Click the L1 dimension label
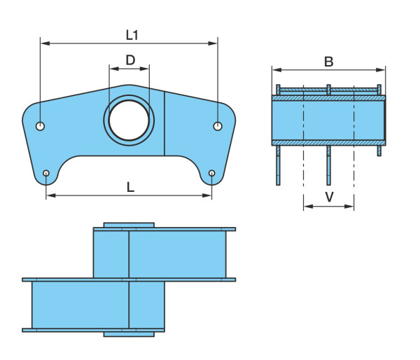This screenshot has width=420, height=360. [x=132, y=35]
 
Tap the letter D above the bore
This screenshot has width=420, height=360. [x=130, y=60]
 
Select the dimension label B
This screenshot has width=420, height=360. [x=329, y=62]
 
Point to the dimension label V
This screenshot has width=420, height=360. [x=329, y=197]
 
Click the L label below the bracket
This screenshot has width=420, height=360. [x=130, y=187]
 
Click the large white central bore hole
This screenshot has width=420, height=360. [x=129, y=120]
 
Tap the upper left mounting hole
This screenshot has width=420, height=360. [x=40, y=126]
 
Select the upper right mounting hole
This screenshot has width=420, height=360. [x=218, y=126]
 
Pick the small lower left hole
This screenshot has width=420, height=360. [x=46, y=173]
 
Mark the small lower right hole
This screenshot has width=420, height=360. [x=212, y=173]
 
